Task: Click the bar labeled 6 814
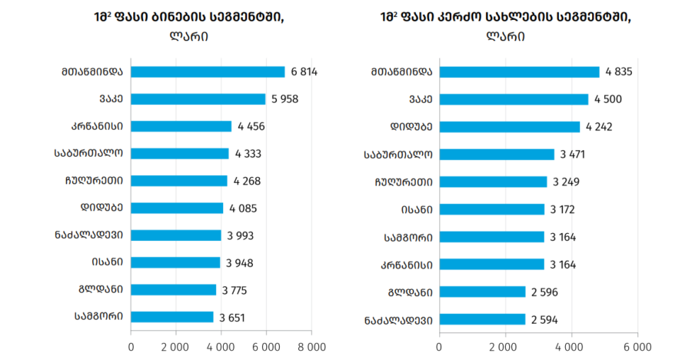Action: click(208, 72)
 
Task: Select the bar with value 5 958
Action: click(198, 99)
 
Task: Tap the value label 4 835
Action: click(619, 72)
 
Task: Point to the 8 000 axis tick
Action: click(311, 347)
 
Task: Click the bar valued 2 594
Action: click(482, 319)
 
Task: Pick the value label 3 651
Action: click(232, 318)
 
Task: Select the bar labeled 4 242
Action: click(510, 127)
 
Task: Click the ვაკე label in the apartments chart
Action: click(111, 98)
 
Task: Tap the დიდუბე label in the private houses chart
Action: click(411, 127)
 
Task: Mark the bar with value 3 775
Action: click(174, 290)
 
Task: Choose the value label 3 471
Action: click(572, 154)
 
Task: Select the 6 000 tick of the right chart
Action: click(637, 347)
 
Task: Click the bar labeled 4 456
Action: click(181, 126)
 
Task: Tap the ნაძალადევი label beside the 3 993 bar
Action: click(88, 235)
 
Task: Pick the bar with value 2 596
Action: click(482, 292)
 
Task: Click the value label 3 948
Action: click(240, 263)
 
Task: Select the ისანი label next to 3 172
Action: click(417, 209)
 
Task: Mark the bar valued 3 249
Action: click(494, 182)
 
